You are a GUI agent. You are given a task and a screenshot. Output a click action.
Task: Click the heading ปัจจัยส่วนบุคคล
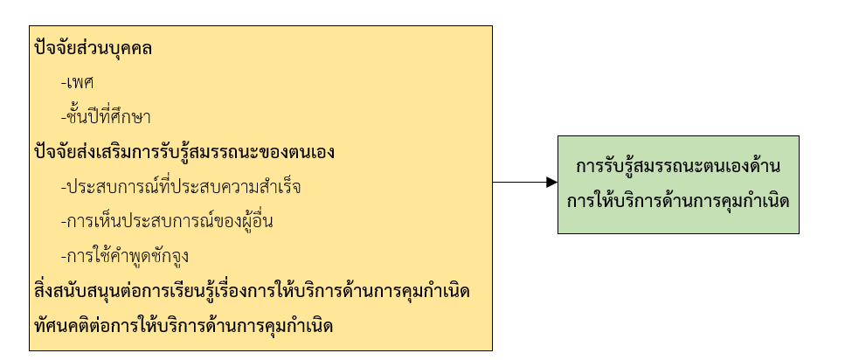point(92,49)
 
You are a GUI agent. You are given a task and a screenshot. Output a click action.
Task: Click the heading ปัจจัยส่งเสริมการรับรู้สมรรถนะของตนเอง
point(184,152)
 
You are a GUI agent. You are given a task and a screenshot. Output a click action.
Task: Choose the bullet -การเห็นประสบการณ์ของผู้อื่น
point(167,221)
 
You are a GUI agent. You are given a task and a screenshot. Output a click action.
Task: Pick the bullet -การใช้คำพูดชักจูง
point(128,256)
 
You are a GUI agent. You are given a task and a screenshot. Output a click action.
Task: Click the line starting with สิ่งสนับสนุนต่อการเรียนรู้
point(251,291)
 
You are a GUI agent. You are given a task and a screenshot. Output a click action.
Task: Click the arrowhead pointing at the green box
point(551,182)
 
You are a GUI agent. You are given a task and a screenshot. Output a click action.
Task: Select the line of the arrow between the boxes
point(519,182)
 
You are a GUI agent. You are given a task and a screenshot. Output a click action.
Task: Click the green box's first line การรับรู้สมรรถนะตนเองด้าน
point(678,167)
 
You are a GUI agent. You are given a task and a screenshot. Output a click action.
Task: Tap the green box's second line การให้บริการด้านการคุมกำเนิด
point(678,201)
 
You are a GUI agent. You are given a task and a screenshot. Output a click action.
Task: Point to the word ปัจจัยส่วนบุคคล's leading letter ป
point(38,49)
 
